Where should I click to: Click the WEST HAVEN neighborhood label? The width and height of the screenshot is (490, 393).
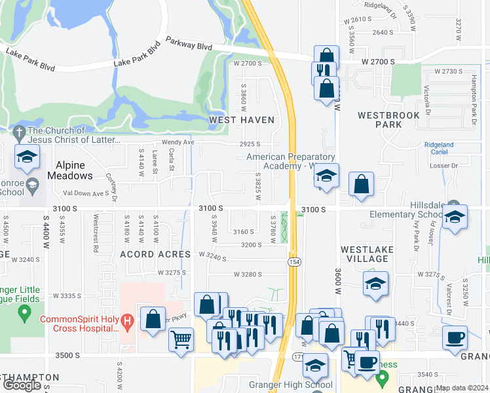240,120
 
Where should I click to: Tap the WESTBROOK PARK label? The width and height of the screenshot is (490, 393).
388,119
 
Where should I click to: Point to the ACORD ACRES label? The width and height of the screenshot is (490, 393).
155,254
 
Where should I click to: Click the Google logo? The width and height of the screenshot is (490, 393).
22,384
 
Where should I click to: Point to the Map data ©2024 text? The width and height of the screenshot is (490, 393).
461,388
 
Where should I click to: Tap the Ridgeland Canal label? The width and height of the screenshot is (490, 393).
438,148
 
